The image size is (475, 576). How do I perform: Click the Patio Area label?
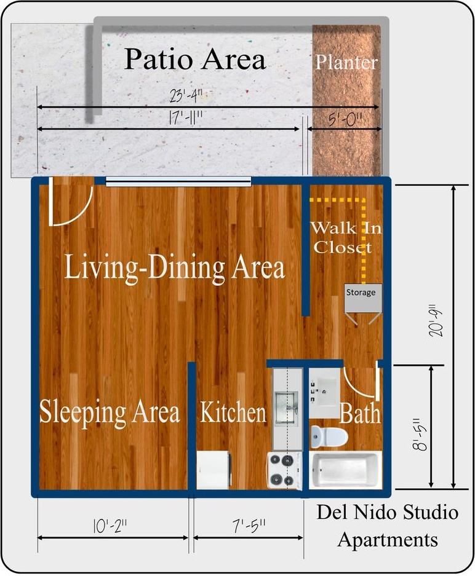tap(195, 60)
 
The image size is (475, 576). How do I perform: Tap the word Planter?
tap(346, 62)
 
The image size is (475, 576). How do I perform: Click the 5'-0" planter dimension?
tap(345, 118)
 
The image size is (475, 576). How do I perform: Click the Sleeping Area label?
tap(110, 411)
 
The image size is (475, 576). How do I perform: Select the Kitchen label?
tap(233, 412)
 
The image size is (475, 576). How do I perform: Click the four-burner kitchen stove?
tap(284, 470)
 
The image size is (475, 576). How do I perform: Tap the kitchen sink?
tap(286, 406)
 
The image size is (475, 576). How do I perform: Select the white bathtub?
tap(345, 471)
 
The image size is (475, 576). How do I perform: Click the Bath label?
tap(359, 413)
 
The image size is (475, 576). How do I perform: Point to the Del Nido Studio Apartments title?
tap(388, 526)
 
